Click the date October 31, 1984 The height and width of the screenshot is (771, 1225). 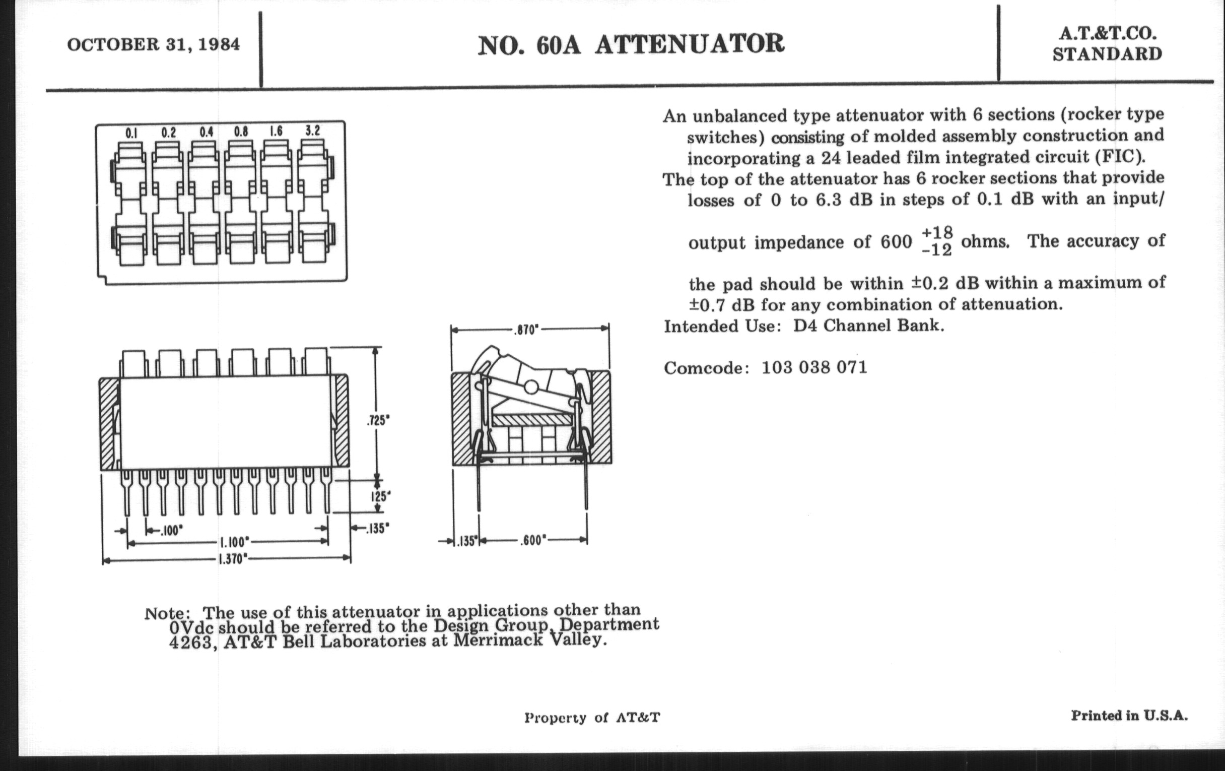[x=153, y=45]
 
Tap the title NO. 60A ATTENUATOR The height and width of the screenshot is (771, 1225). [x=631, y=44]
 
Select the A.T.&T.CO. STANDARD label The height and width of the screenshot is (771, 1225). [x=1107, y=44]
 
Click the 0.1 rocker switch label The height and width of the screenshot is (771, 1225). [x=131, y=134]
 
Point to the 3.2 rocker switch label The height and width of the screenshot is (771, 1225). [x=312, y=131]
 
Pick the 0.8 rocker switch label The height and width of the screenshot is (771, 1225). [x=241, y=132]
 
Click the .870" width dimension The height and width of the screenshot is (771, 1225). [x=525, y=330]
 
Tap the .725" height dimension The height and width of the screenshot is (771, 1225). [x=378, y=421]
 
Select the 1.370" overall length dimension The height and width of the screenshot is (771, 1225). [x=233, y=560]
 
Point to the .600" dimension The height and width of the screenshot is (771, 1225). [x=532, y=540]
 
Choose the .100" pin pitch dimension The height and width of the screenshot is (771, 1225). [x=170, y=531]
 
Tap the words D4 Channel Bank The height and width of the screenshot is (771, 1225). [x=868, y=326]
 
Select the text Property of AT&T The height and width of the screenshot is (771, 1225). [x=592, y=718]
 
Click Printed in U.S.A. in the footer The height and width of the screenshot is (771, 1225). [x=1129, y=716]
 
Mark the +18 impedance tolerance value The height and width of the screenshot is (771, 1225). [x=936, y=233]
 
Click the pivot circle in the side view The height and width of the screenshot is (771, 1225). [x=530, y=388]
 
